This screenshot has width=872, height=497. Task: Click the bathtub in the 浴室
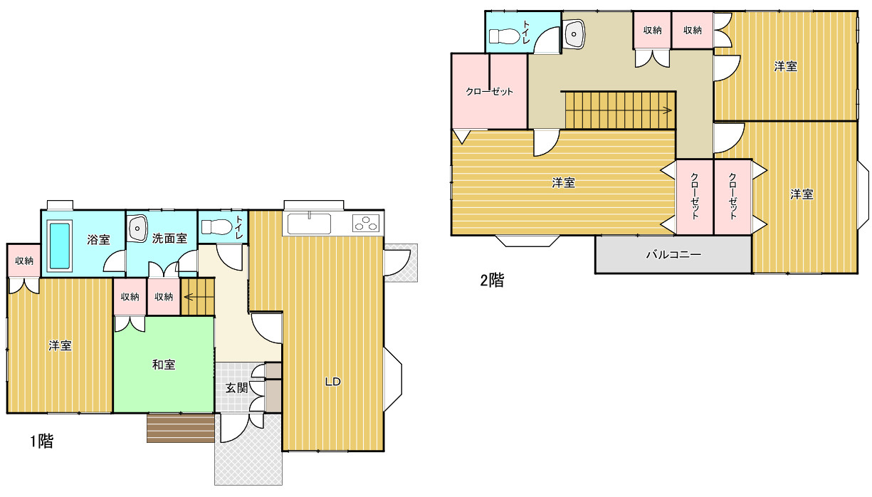[60, 246]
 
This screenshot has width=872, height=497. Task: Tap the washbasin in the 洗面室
[138, 229]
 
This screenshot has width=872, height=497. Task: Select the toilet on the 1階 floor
[216, 227]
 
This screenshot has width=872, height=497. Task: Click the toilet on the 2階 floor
[504, 36]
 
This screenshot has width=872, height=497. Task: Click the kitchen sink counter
[309, 224]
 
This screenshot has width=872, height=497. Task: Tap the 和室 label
[164, 365]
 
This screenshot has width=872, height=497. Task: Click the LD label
[333, 382]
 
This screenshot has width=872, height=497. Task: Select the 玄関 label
[236, 388]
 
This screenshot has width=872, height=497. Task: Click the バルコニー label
[673, 255]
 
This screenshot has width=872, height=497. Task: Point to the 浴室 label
[98, 239]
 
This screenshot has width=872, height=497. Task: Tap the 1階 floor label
[42, 441]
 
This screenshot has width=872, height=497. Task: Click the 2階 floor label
[492, 280]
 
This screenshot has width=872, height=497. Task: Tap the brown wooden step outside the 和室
[181, 428]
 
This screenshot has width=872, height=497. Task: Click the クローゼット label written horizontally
[489, 92]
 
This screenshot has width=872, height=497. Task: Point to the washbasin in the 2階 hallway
[574, 34]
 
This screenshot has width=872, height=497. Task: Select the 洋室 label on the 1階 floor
[60, 345]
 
